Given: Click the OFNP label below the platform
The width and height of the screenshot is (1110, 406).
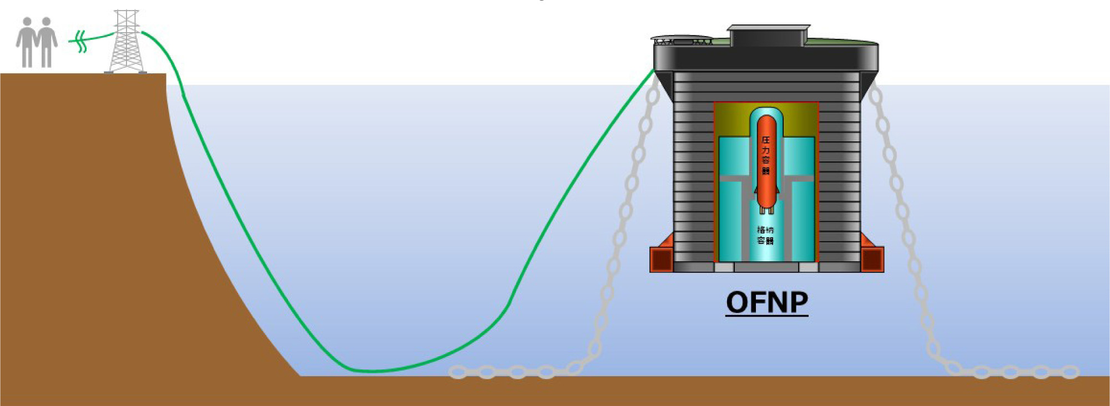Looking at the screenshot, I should [x=766, y=302].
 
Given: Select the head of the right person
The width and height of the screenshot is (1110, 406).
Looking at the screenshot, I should [x=47, y=22].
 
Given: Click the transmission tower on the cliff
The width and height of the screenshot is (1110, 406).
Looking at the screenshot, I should [x=126, y=42].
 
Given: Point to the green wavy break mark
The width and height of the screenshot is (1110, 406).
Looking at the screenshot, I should [x=81, y=42].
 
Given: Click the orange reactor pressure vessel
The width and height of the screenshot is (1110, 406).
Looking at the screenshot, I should [x=766, y=161].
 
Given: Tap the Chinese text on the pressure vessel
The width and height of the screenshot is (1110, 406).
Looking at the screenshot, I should [x=766, y=155].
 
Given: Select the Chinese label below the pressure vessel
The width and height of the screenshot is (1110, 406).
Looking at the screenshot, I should [x=765, y=235].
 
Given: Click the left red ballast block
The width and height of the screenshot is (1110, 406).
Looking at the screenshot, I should [x=662, y=260].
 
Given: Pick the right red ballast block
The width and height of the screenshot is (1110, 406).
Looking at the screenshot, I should [x=872, y=260].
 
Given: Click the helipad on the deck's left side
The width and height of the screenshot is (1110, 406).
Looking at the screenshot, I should [x=683, y=40].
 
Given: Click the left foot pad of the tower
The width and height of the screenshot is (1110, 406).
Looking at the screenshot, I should [x=109, y=72].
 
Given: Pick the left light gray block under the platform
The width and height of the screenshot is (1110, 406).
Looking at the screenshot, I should [x=724, y=267].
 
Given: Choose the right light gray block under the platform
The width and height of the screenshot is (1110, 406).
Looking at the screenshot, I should [x=808, y=267].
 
